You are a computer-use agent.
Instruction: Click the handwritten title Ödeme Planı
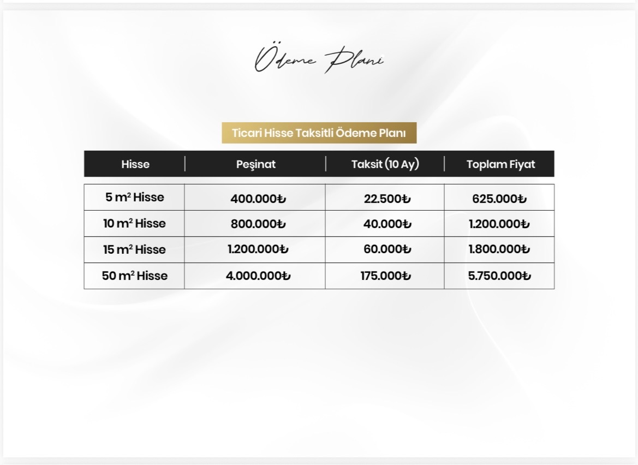(319, 59)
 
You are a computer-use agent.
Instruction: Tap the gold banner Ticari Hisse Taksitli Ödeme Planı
(319, 133)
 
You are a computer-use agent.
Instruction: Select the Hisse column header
(135, 164)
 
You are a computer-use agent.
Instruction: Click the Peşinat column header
(255, 164)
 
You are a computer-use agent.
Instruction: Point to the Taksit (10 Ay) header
(385, 164)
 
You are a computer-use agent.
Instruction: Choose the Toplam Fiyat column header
(500, 164)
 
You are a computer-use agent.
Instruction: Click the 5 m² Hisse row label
(135, 198)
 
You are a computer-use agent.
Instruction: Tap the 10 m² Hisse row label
(134, 224)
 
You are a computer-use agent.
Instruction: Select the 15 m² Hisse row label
(134, 250)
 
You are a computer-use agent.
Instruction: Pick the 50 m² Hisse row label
(134, 276)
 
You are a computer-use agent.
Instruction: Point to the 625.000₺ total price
(499, 199)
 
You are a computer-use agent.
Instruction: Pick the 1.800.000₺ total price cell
(499, 250)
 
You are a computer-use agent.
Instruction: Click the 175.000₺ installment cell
(385, 276)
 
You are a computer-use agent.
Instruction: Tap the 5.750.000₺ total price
(499, 276)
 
